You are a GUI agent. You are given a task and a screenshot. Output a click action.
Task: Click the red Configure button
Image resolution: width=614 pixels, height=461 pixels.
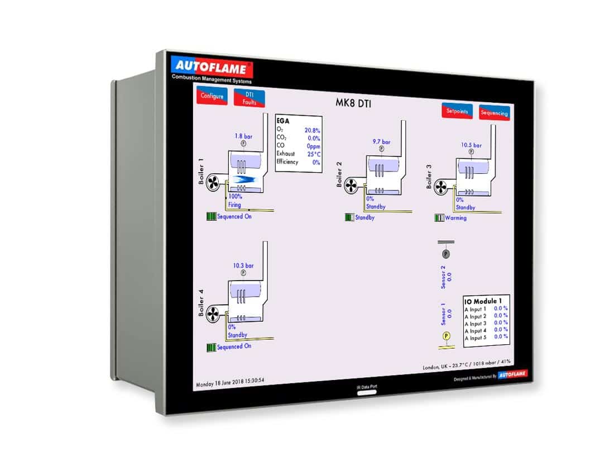point(212,96)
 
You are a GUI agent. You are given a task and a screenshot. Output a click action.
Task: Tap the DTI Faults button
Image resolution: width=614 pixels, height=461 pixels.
point(249,99)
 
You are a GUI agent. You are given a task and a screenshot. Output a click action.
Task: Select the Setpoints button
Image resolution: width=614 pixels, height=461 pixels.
point(457,111)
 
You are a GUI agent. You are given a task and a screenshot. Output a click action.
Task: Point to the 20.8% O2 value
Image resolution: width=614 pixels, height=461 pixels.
point(312,130)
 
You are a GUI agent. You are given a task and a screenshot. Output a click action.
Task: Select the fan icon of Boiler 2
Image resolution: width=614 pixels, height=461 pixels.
point(352,184)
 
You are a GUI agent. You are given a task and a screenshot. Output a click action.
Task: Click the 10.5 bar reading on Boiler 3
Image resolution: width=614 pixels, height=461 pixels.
point(471,145)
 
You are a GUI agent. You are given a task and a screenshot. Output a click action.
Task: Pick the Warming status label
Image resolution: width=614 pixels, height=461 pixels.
point(455,218)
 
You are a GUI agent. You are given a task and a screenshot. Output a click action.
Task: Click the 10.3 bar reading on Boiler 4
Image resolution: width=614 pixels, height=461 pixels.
point(243,265)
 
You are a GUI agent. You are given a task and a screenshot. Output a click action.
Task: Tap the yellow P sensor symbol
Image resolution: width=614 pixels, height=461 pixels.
point(446,336)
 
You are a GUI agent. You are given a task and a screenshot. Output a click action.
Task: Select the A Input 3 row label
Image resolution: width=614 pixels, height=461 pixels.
point(476,324)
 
